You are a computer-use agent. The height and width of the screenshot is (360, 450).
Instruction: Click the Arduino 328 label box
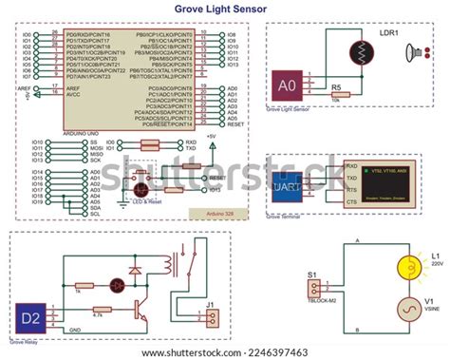pyautogui.click(x=217, y=215)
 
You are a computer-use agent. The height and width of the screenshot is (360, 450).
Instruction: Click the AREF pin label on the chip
pyautogui.click(x=72, y=87)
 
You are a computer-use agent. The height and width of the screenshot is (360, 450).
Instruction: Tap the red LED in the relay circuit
pyautogui.click(x=119, y=284)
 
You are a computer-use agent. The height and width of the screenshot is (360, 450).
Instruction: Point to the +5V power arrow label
pyautogui.click(x=211, y=137)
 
